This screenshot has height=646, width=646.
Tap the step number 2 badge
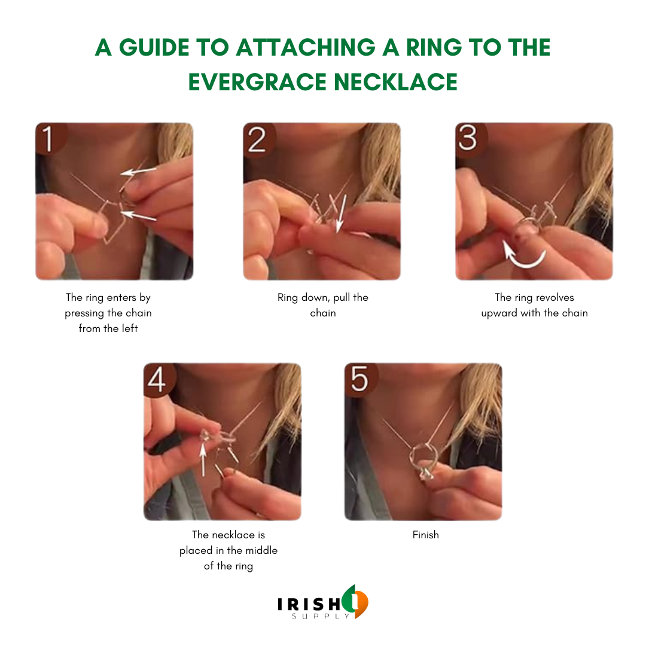coord(258,139)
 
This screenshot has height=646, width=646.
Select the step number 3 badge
coord(470,139)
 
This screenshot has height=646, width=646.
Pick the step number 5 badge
coord(360,380)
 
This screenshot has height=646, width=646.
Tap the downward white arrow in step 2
coord(341,214)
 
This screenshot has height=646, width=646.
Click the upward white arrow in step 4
coord(203,459)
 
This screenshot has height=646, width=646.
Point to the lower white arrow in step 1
coord(139,215)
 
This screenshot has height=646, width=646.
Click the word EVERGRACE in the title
coord(257,81)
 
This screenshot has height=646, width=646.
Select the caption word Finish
coord(426,535)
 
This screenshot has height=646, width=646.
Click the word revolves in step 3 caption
coord(554,297)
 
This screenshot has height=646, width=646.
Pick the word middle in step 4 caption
coord(261,550)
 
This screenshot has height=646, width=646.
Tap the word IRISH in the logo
coord(309,604)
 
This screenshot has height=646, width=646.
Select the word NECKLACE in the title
coord(396,81)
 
